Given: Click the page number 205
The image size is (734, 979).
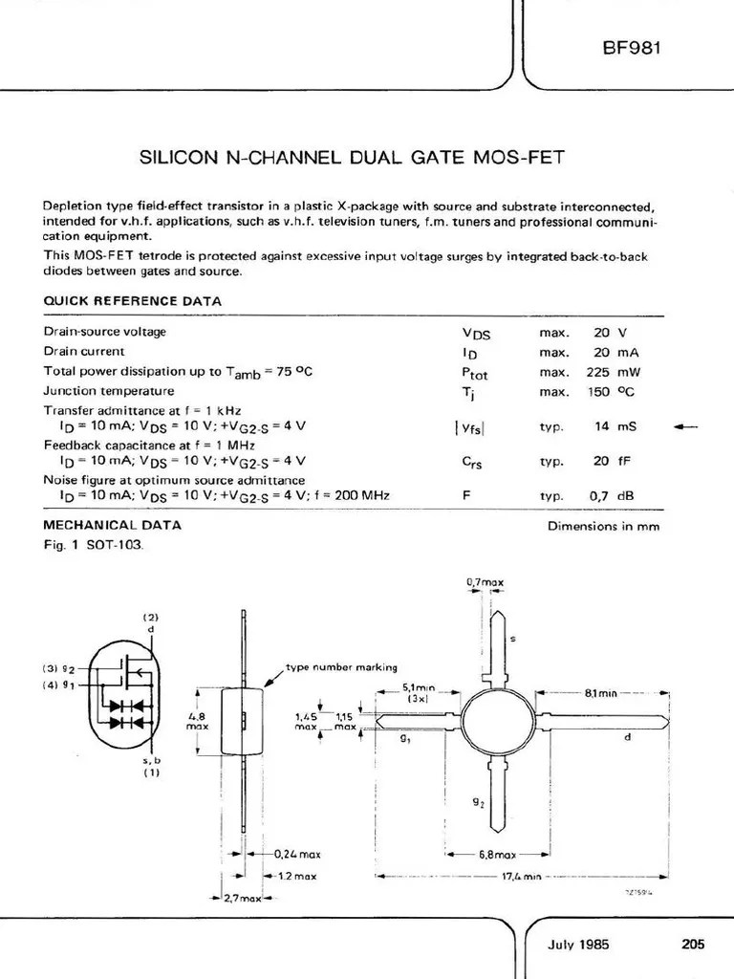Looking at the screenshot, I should click(x=693, y=944).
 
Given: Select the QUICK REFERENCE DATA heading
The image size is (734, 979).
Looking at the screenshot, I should click(x=133, y=301).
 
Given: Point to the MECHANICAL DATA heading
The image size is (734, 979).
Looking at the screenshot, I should click(x=112, y=525).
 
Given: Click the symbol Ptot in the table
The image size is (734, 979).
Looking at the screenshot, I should click(x=474, y=373).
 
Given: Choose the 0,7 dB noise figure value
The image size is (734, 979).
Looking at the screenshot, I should click(x=612, y=495).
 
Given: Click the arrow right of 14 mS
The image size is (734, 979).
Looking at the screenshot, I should click(x=685, y=426).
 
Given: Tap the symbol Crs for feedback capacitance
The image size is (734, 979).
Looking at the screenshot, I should click(x=472, y=461).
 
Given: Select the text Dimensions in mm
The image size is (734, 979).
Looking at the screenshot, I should click(x=603, y=526).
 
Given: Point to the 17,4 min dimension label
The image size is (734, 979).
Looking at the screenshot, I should click(x=520, y=876).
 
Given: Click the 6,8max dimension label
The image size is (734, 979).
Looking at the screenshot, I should click(x=497, y=855).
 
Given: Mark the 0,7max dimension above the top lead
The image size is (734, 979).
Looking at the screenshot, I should click(x=486, y=581).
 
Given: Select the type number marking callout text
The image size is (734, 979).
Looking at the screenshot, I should click(x=342, y=666).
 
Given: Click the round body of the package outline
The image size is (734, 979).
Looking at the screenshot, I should click(x=497, y=719).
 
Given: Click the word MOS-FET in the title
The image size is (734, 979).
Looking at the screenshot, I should click(x=521, y=156).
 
